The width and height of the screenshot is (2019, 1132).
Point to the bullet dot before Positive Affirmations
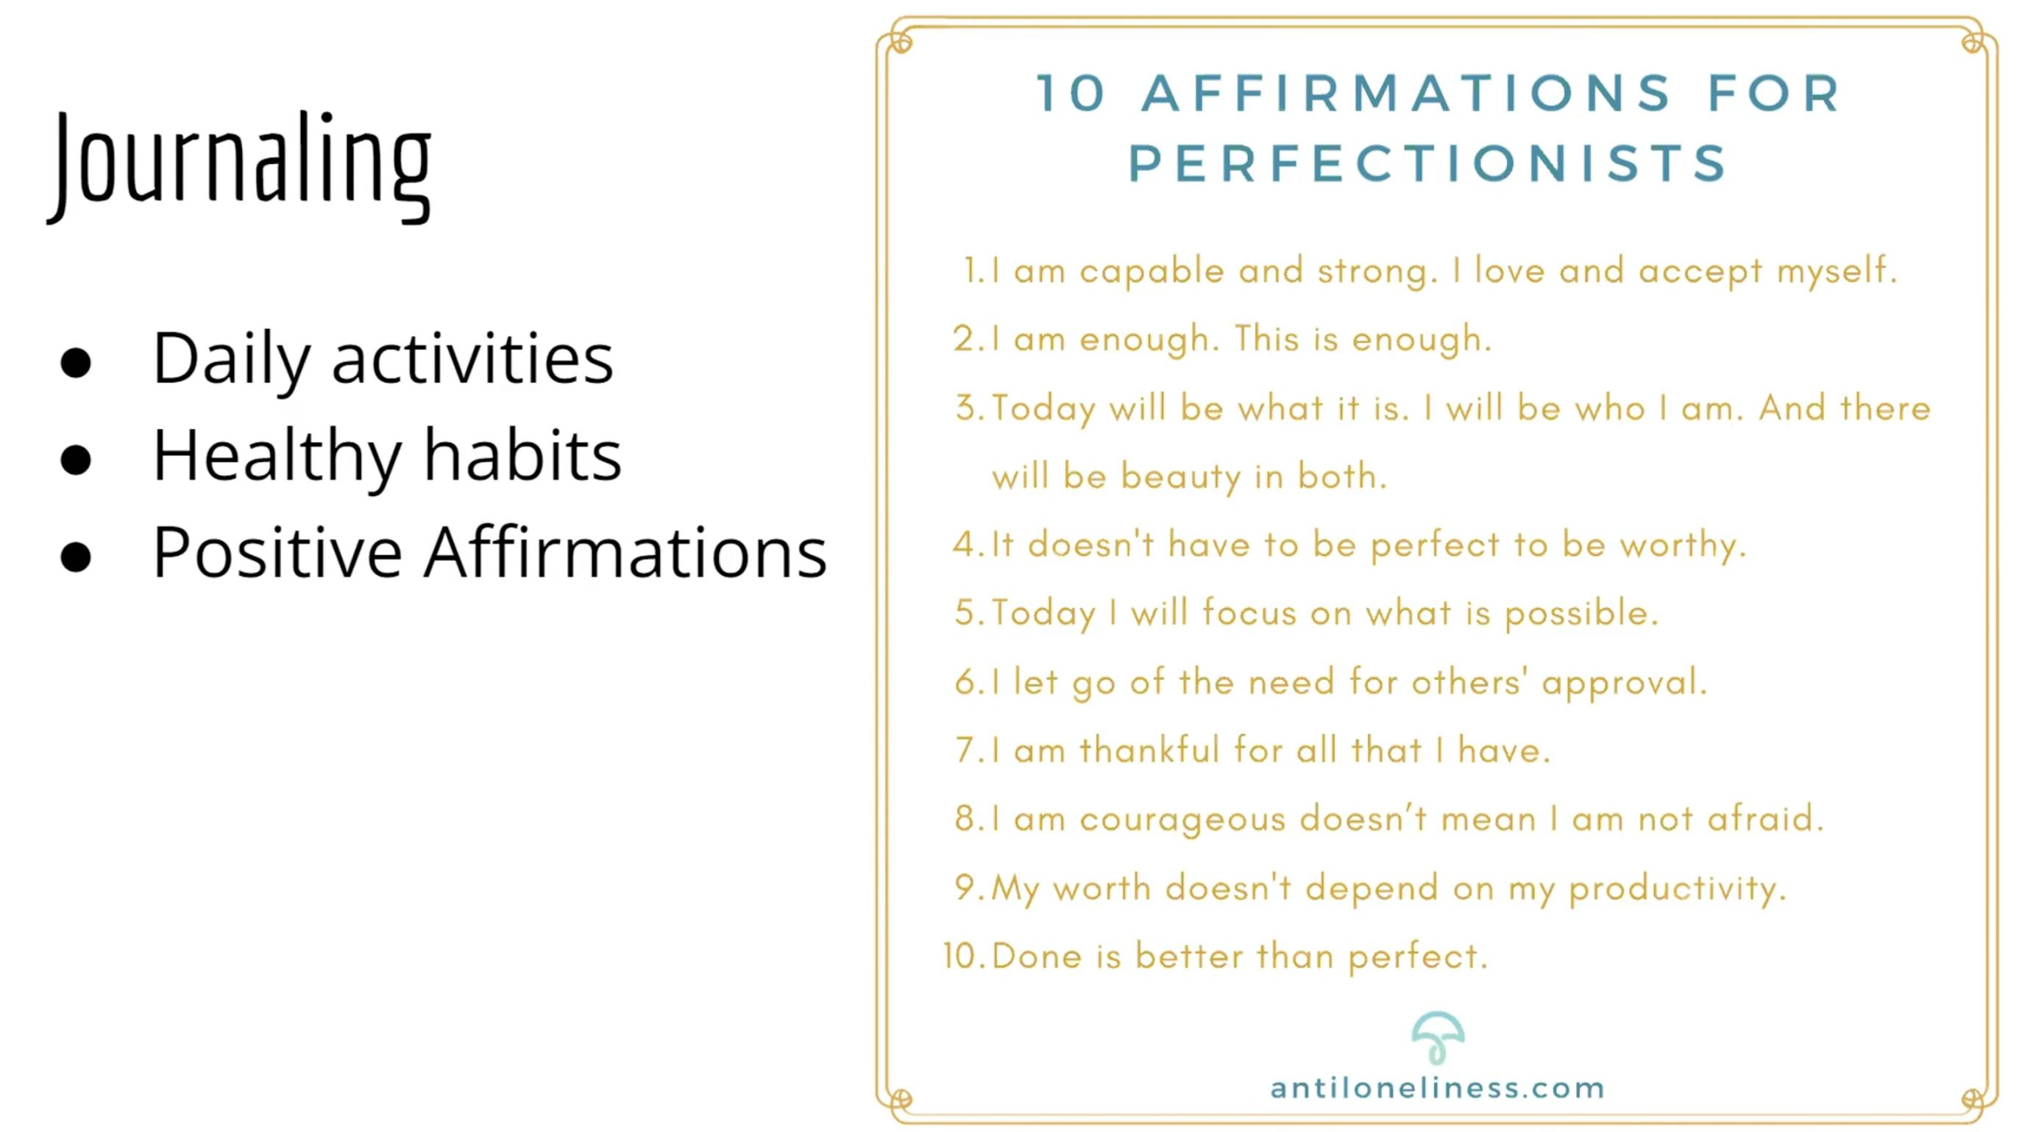76,556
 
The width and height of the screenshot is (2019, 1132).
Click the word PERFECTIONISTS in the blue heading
1428,164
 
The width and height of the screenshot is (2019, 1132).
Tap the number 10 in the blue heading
1071,93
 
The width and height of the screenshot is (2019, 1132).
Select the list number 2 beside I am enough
965,339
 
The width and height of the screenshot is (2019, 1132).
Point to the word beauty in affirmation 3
1180,477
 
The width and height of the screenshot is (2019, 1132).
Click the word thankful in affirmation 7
1150,750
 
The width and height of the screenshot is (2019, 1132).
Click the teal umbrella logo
1438,1038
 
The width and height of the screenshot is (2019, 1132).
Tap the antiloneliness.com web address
1438,1089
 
